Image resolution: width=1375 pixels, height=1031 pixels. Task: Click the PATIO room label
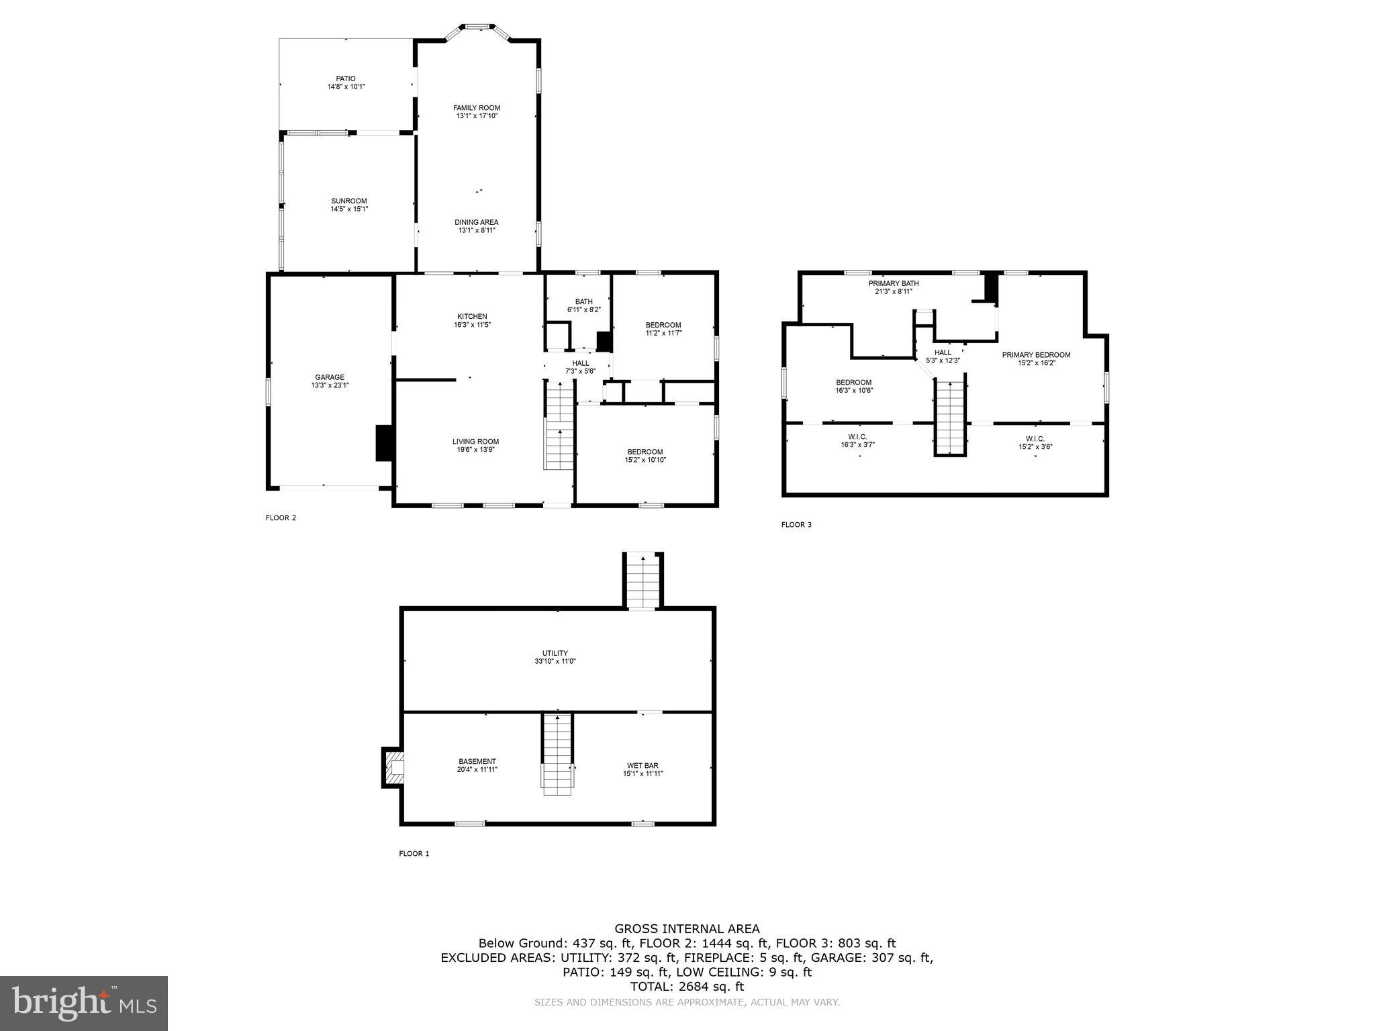click(x=346, y=79)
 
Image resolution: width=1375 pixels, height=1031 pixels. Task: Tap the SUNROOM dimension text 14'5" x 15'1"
click(x=349, y=209)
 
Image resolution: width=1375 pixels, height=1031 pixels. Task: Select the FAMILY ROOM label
click(x=477, y=108)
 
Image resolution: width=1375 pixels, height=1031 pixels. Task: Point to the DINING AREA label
click(x=477, y=222)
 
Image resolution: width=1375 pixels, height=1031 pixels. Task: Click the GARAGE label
click(x=330, y=377)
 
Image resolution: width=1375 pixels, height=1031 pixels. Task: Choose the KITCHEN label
click(x=472, y=317)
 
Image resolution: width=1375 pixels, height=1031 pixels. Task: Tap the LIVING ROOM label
click(x=475, y=442)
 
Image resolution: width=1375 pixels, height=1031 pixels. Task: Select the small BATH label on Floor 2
click(x=583, y=302)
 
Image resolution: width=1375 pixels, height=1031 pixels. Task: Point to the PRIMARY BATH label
click(x=893, y=284)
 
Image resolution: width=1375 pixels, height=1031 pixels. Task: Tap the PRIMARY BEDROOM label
click(x=1036, y=355)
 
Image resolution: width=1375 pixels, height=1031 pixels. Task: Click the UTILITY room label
click(x=555, y=653)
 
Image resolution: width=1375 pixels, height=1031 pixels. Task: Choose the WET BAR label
click(x=642, y=765)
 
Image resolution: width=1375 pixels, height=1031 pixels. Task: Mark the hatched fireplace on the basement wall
click(x=393, y=767)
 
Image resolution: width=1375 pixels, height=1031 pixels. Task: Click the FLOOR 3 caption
click(x=796, y=525)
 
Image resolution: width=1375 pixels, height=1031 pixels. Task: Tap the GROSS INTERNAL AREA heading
click(x=687, y=929)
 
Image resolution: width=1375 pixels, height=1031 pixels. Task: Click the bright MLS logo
click(x=84, y=1003)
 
